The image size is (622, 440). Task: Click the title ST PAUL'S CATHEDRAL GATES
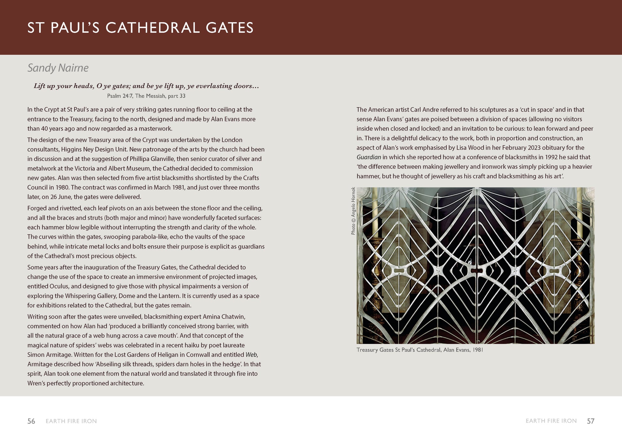tap(140, 28)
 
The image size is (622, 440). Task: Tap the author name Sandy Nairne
tap(58, 68)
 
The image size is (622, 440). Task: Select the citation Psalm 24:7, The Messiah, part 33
tap(146, 96)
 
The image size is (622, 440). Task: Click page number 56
tap(31, 421)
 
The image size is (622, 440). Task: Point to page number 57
tap(590, 421)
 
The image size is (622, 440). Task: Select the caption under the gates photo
tap(420, 350)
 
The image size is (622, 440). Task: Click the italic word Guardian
tap(369, 157)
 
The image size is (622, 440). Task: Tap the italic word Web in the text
tap(251, 355)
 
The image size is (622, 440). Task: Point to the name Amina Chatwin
tap(224, 317)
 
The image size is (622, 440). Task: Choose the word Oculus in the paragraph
tap(59, 286)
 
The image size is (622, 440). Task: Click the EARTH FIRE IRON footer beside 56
tap(71, 421)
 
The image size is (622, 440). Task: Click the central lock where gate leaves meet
tap(476, 271)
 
